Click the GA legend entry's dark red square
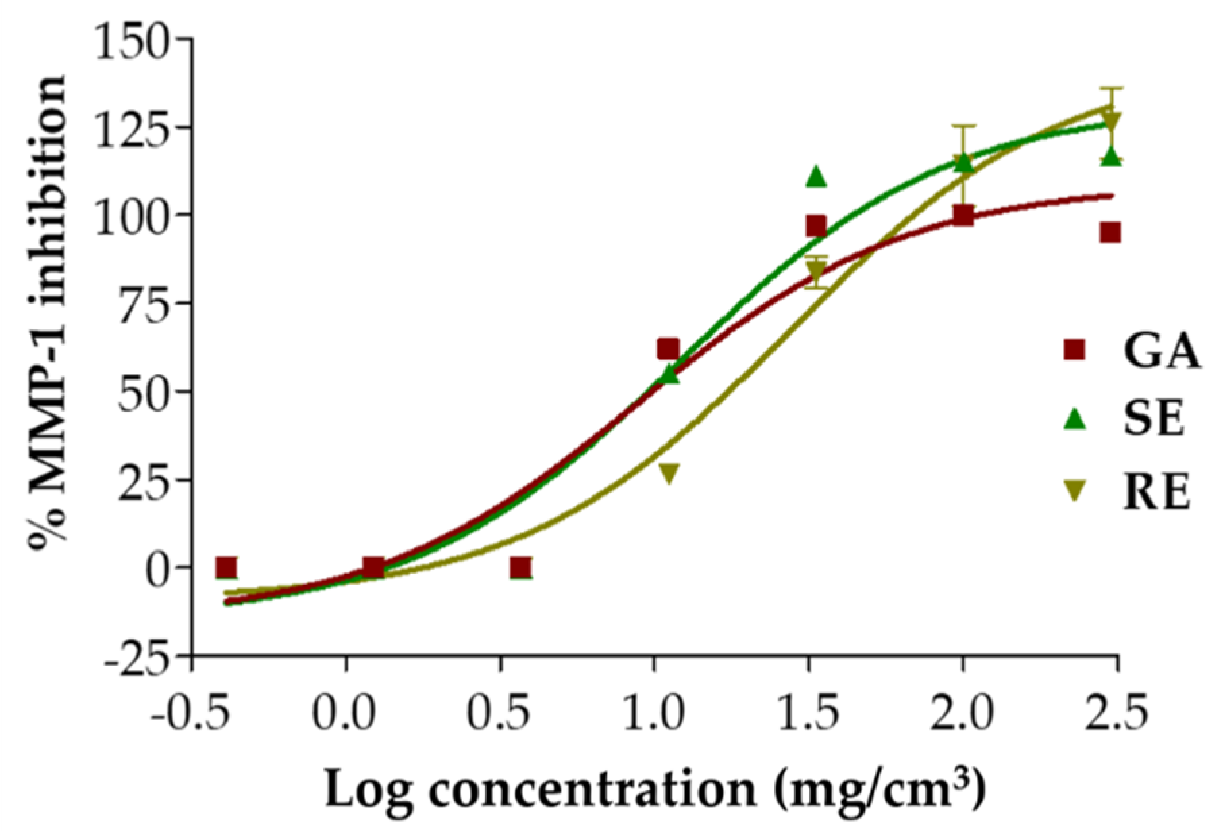tap(1073, 350)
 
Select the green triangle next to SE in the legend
tap(1073, 420)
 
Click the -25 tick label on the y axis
tap(137, 655)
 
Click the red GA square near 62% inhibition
tap(668, 349)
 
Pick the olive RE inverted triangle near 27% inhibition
tap(668, 473)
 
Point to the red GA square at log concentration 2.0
tap(963, 216)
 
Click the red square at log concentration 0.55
tap(520, 568)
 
